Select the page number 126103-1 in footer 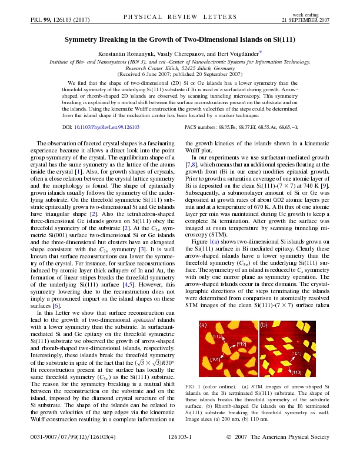[x=179, y=454]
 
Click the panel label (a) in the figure [x=202, y=324]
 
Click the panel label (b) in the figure [x=264, y=324]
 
